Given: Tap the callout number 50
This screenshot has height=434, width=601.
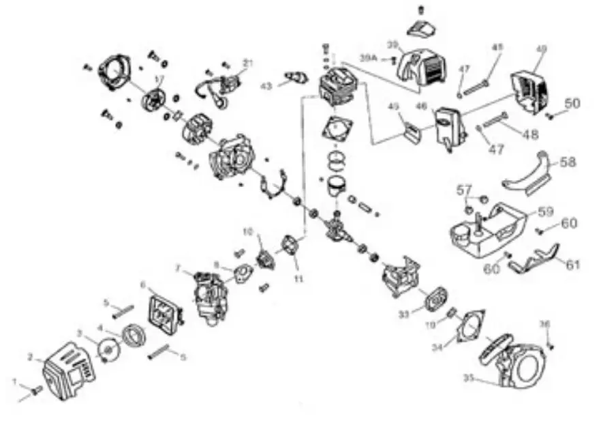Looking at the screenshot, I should (x=572, y=104).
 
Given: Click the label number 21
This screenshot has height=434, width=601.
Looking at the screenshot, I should (x=248, y=63).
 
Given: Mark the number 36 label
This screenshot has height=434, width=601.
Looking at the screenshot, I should (x=544, y=323).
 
